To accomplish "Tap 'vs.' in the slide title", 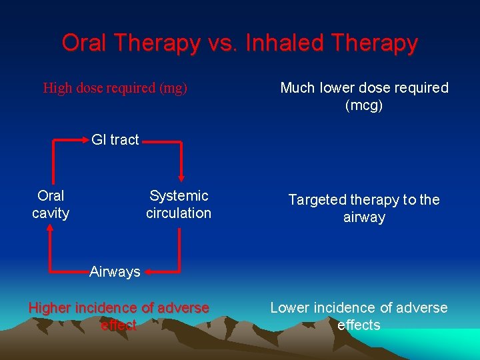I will click(221, 43).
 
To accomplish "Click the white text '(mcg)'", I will click(364, 105).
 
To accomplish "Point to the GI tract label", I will click(115, 139).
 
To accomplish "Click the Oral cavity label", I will click(51, 204).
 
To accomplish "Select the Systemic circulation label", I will click(179, 204).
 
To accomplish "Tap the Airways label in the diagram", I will click(115, 271).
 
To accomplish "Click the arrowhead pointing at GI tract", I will click(85, 140).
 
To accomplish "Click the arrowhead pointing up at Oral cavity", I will click(50, 229).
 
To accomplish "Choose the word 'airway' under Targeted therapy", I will click(364, 217).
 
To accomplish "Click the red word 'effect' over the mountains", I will click(119, 325).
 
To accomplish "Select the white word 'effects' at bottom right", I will click(359, 325).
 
